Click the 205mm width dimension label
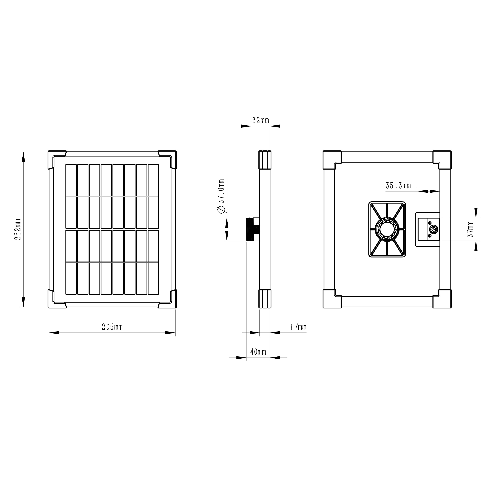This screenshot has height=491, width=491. point(112,327)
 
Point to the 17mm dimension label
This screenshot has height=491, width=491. point(298,327)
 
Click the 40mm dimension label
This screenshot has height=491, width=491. point(258,352)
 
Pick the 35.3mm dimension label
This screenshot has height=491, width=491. point(398,186)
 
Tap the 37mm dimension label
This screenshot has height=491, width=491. point(470,229)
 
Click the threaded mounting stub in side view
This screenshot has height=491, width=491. point(253,229)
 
